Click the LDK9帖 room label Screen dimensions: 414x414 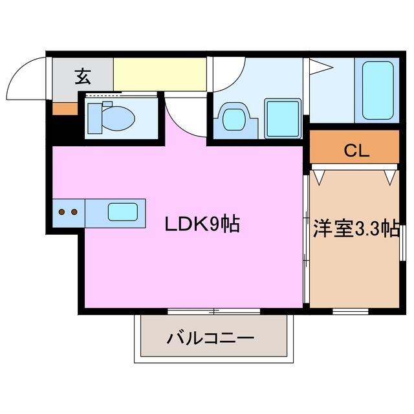[202, 224]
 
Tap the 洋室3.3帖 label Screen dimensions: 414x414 [355, 229]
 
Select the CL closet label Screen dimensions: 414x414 [356, 151]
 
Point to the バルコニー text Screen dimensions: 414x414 [210, 338]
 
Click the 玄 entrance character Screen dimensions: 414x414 [82, 77]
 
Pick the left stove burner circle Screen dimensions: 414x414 [62, 212]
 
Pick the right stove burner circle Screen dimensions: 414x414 [74, 212]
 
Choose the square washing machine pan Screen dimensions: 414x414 [283, 118]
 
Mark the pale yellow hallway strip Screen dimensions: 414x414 [160, 74]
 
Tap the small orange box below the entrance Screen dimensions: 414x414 [64, 108]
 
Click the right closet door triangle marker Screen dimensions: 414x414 [389, 176]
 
